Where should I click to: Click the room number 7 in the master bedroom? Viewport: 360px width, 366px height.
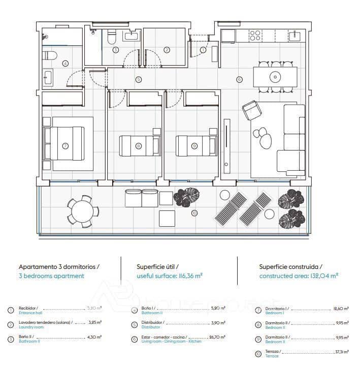click(65, 145)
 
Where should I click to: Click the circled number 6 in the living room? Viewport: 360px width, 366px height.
click(240, 79)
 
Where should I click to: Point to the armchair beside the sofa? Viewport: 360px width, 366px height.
click(251, 110)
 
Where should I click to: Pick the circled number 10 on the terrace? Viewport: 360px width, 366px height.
click(194, 213)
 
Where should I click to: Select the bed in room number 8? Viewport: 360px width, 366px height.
click(138, 145)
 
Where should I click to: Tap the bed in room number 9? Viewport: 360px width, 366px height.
click(194, 145)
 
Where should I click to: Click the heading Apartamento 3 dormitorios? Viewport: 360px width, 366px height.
click(59, 266)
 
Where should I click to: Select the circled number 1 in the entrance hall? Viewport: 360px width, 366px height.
click(203, 50)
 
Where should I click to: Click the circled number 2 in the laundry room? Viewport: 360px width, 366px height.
click(167, 50)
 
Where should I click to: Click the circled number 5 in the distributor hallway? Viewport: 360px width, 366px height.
click(138, 79)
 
